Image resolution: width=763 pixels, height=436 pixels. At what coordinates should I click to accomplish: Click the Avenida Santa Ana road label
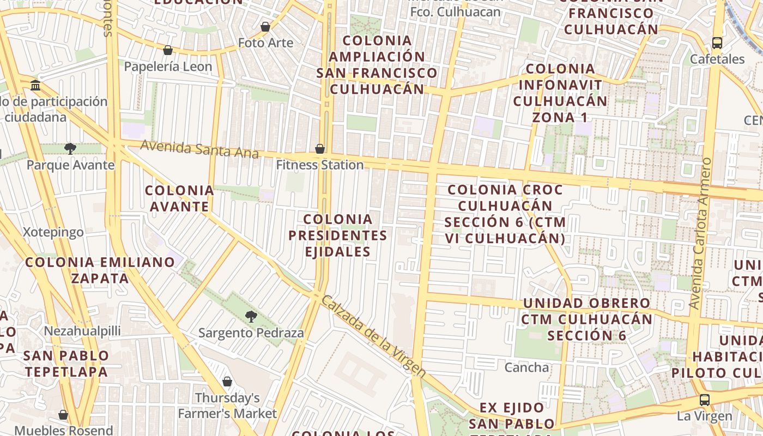[199, 149]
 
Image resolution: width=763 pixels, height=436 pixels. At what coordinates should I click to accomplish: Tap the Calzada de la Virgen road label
[373, 336]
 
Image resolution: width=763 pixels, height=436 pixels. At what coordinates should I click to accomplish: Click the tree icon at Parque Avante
[70, 148]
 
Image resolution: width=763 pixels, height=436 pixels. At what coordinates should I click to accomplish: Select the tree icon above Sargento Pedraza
[251, 316]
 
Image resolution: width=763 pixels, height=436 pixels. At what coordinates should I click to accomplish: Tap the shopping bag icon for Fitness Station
[320, 149]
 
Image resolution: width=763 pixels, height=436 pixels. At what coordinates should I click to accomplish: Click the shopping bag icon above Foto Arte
[265, 27]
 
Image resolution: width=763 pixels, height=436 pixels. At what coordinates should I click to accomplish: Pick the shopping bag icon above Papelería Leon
[168, 51]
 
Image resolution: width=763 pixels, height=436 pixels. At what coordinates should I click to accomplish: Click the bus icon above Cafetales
[717, 43]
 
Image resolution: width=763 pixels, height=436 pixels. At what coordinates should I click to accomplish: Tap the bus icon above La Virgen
[705, 400]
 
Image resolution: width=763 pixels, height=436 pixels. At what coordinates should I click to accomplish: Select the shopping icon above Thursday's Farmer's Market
[227, 381]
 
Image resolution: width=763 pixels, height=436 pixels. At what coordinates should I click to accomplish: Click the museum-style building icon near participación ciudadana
[36, 86]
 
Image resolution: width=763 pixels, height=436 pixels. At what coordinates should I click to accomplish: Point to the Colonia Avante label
[179, 198]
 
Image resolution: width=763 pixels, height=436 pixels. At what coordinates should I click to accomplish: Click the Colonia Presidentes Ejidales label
[338, 235]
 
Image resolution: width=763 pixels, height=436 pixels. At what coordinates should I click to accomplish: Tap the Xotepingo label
[53, 232]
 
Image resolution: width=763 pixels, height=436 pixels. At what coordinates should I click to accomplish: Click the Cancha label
[526, 367]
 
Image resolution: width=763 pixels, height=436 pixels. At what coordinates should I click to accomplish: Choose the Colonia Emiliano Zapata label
[100, 270]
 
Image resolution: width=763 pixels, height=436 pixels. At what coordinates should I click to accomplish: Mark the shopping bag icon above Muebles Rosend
[63, 415]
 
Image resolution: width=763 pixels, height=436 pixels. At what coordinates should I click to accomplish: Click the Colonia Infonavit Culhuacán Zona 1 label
[560, 93]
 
